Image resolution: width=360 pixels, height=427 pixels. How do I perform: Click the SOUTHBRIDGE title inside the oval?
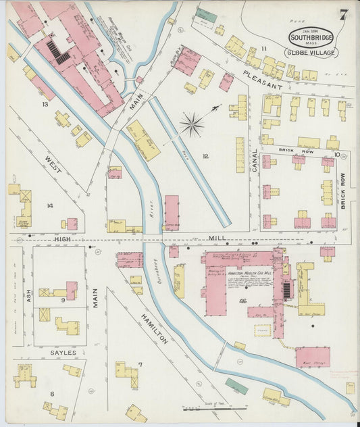[x=310, y=37]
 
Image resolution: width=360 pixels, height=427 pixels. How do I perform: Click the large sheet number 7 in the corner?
[x=344, y=15]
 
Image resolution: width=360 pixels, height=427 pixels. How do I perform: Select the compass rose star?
[x=192, y=123]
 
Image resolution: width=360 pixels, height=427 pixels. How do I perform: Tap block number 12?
[x=205, y=157]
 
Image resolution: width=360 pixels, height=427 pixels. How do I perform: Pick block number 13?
[x=45, y=104]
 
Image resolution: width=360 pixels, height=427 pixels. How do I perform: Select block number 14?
[x=50, y=205]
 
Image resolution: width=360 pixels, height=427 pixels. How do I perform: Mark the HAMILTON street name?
[x=154, y=329]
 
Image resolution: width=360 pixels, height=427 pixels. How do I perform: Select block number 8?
[x=52, y=393]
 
